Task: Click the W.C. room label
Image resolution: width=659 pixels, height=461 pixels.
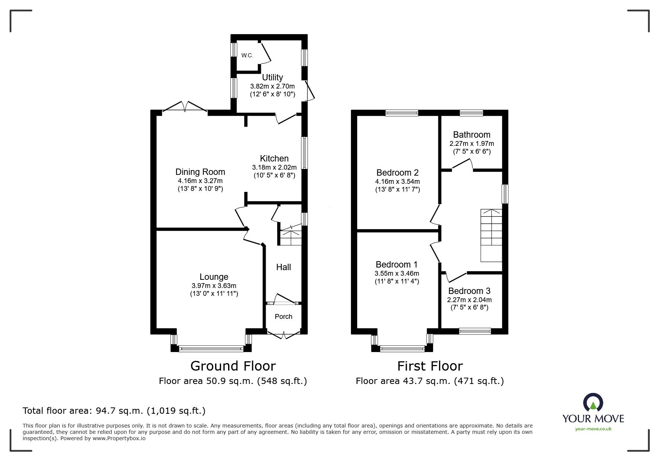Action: coord(247,55)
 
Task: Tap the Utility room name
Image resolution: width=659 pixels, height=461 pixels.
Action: coord(272,77)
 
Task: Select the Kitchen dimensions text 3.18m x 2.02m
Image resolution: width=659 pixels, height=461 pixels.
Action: coord(274,167)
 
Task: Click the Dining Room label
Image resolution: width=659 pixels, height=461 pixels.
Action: coord(200,172)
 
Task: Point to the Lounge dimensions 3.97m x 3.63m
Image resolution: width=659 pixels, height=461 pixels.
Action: coord(214,286)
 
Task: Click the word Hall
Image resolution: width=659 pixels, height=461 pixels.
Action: coord(284,267)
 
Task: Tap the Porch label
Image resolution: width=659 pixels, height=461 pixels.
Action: coord(284,317)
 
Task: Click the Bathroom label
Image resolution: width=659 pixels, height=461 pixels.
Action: coord(471,135)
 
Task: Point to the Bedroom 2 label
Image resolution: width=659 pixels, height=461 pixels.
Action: coord(397,173)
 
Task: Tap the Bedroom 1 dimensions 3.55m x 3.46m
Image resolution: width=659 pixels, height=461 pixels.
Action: coord(397,273)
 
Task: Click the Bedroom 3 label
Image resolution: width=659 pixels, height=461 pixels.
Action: coord(469,291)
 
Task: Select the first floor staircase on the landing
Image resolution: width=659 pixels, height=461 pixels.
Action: coord(491,235)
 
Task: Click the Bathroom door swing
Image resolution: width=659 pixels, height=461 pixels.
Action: coord(463,164)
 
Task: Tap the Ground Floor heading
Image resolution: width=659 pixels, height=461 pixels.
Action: coord(233,366)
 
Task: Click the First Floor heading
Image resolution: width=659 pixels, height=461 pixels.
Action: coord(430,366)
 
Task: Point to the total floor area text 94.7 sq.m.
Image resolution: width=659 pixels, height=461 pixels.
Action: coord(114,411)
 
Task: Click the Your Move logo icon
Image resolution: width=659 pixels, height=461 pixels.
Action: coord(593,403)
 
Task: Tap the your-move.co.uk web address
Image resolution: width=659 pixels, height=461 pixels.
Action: coord(593,429)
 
